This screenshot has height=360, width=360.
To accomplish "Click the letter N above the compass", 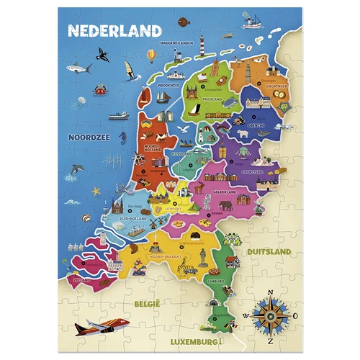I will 271,292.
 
